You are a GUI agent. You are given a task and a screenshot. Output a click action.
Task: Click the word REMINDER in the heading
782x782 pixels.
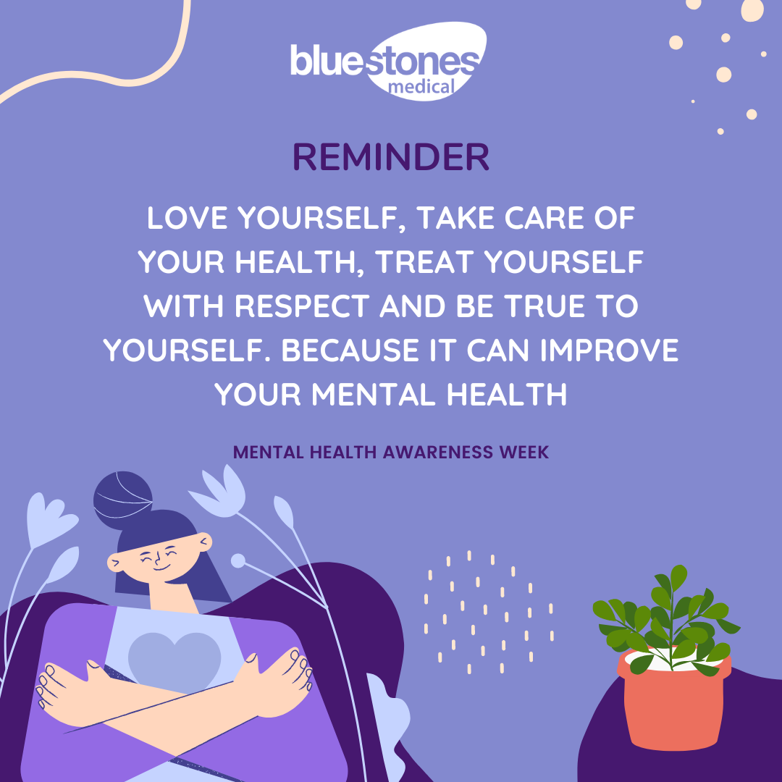(391, 157)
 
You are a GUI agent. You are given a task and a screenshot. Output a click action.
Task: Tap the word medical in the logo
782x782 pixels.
(421, 87)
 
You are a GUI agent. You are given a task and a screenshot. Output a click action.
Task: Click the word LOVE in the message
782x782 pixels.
(187, 218)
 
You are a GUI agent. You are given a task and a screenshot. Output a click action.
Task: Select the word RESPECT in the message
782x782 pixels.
(302, 306)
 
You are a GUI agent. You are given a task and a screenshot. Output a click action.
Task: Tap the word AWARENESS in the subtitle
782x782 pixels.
(437, 452)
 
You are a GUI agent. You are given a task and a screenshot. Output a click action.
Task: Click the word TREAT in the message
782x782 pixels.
(424, 262)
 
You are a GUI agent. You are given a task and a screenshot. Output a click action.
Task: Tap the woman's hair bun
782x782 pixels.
(122, 500)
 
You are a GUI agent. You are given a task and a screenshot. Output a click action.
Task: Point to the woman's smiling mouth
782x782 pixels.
(161, 567)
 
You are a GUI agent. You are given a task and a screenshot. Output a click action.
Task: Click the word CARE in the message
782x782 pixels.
(544, 218)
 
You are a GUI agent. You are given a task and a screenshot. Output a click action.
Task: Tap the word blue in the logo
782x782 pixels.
(327, 61)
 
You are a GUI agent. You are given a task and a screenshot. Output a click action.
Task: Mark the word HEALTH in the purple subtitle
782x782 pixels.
(342, 452)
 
